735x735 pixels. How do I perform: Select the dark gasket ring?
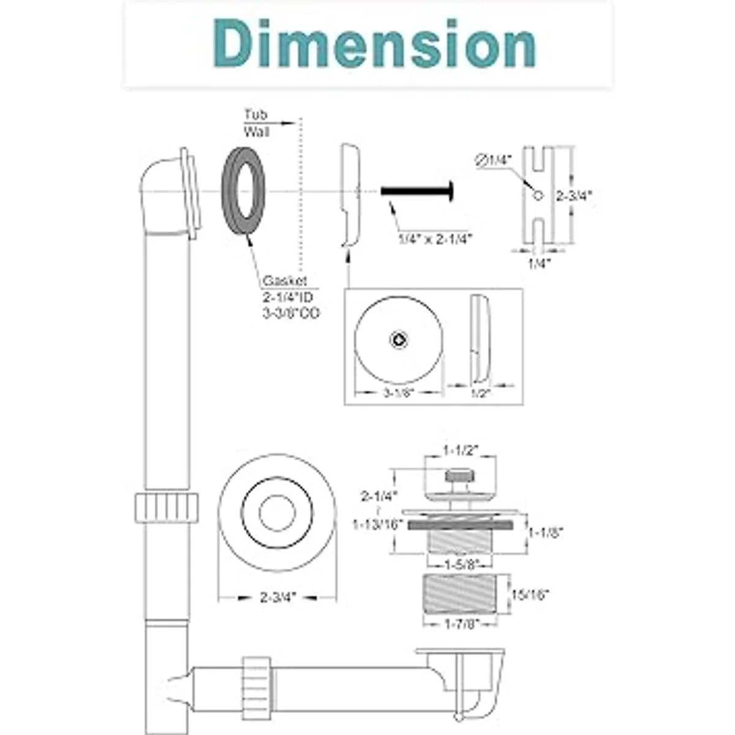click(x=243, y=191)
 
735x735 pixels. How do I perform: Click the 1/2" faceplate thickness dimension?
click(x=480, y=393)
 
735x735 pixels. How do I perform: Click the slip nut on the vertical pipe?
click(x=167, y=507)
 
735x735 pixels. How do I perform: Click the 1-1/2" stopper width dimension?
click(x=460, y=450)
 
